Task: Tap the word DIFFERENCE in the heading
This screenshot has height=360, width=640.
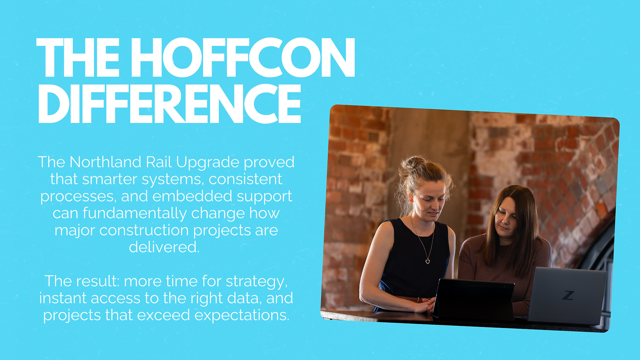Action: pos(170,103)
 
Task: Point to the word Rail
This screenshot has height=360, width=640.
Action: pos(159,162)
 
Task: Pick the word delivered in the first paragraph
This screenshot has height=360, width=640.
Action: pos(164,247)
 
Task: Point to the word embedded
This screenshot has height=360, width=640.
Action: pos(192,196)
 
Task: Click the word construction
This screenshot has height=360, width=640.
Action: pos(144,230)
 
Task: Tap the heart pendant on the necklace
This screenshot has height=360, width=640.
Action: pos(428,261)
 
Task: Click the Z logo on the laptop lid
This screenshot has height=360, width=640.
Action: pos(568,295)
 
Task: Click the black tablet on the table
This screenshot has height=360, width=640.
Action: pos(474,299)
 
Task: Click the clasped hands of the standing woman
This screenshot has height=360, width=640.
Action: pos(425,305)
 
